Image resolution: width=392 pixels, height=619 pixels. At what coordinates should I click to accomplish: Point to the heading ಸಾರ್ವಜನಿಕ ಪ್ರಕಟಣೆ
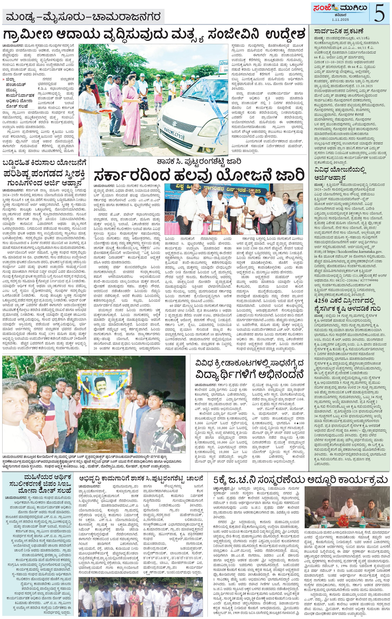click(339, 32)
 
